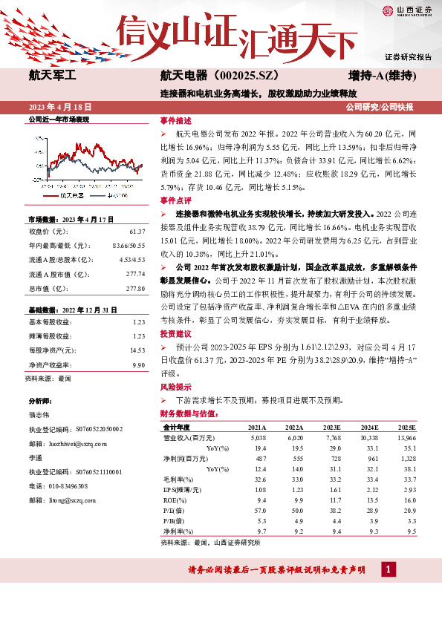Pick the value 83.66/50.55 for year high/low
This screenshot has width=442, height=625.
point(128,246)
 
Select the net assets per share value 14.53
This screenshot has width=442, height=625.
point(136,350)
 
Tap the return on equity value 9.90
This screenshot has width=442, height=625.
point(137,364)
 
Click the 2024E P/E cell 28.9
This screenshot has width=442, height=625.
point(369,511)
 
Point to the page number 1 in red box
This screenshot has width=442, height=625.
point(387,569)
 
